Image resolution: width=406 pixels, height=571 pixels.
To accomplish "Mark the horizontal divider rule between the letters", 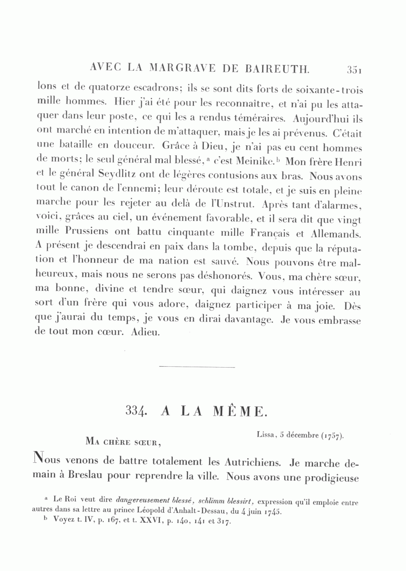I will pos(197,367).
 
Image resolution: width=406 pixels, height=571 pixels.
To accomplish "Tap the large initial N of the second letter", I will pos(40,460).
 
